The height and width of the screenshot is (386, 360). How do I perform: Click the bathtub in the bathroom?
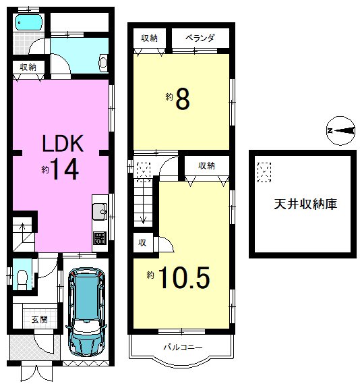(x=29, y=22)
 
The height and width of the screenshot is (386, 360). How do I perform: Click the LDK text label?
(x=62, y=144)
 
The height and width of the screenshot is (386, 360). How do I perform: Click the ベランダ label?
(x=199, y=38)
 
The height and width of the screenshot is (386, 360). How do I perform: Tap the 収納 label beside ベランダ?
(x=150, y=38)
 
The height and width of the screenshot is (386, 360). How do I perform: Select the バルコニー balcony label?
(x=182, y=347)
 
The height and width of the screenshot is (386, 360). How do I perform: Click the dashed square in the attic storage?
(x=265, y=173)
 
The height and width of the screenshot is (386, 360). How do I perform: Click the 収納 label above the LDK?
(x=28, y=67)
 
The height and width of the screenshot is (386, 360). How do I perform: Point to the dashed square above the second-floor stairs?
(x=144, y=171)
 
